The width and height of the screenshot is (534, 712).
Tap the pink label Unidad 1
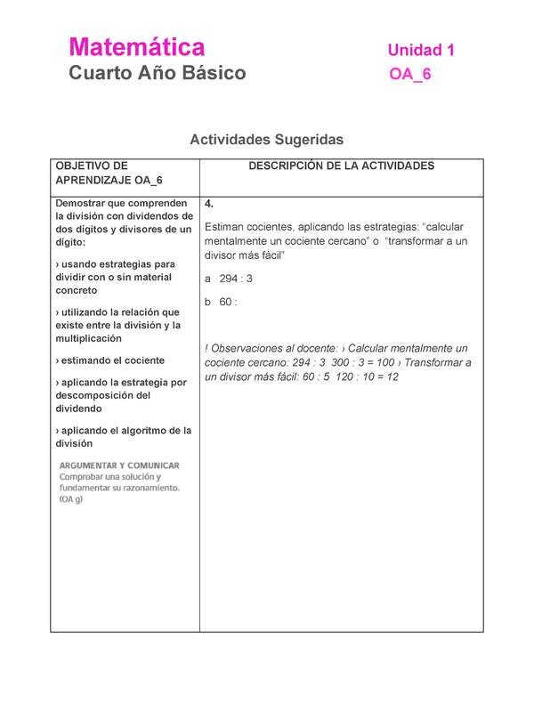[421, 51]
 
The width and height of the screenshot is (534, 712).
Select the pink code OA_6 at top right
[409, 75]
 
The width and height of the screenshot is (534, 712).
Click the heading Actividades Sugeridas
[266, 140]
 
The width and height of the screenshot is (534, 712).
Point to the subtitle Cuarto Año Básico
[158, 73]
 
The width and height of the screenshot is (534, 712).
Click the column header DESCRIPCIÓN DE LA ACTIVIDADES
[341, 166]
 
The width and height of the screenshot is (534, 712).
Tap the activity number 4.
[208, 203]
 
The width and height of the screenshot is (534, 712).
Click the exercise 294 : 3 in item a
[236, 279]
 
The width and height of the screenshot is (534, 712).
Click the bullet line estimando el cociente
[110, 360]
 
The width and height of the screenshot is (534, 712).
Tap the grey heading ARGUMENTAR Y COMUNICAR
[119, 465]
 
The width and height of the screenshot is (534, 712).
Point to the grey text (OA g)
[71, 499]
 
